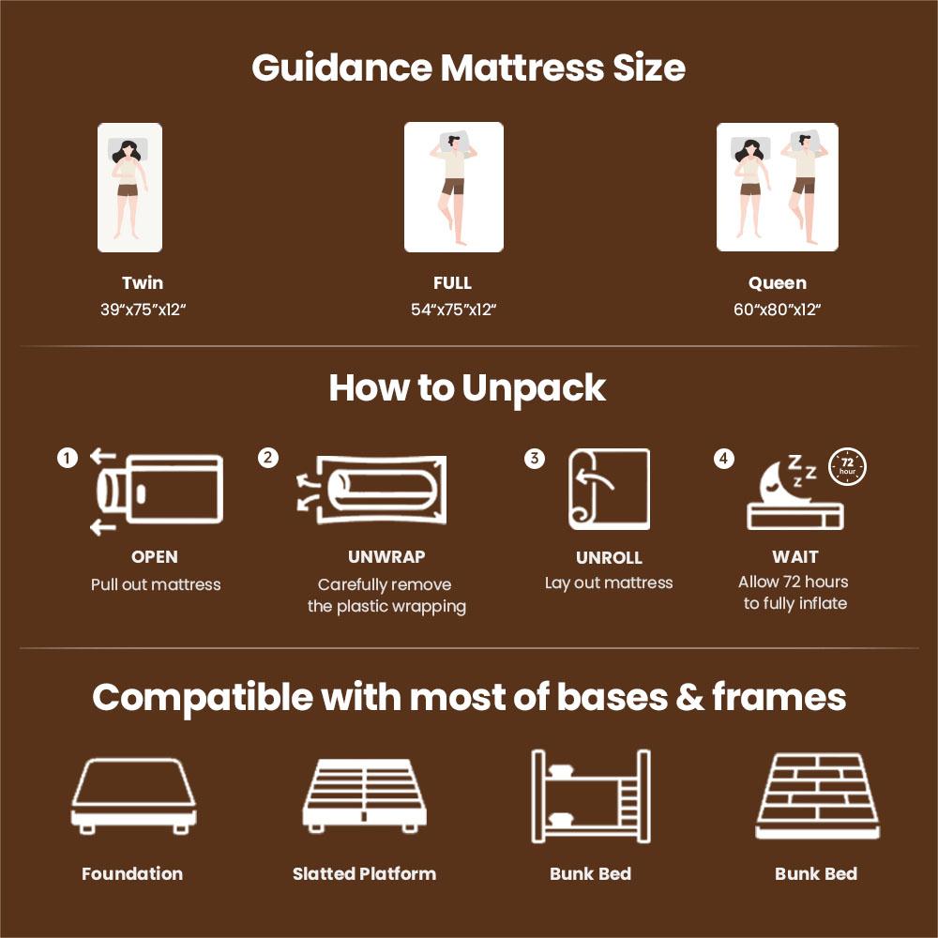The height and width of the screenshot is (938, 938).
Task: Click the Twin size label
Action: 143,282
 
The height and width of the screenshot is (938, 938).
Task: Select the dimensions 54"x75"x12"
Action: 453,310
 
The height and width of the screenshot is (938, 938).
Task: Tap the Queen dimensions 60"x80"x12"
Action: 778,310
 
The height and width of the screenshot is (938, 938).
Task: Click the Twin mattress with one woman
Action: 129,188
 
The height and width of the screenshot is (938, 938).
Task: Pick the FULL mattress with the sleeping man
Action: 454,188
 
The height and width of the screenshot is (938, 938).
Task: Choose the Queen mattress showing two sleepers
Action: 777,188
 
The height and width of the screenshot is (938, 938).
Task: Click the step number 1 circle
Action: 67,458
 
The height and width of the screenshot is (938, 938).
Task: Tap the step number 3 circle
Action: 535,459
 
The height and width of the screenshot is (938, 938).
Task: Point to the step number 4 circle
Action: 724,459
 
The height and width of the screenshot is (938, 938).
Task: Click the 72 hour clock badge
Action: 847,466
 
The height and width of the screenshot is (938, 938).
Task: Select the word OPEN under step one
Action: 155,557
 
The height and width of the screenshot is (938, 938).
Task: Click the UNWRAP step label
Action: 386,557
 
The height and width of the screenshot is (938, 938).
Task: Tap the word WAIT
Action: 795,556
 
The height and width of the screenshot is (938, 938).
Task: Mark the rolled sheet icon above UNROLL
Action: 609,489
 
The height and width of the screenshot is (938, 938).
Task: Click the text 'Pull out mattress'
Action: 156,584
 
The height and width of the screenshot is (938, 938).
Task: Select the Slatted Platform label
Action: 364,873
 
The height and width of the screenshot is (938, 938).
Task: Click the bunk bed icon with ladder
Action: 591,795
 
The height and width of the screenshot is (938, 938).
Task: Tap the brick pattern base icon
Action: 817,795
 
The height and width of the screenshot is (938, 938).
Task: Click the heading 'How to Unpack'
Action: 467,387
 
